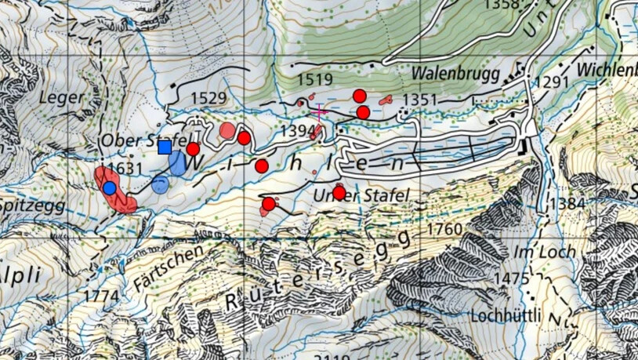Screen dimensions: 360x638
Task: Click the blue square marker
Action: pos(165,147)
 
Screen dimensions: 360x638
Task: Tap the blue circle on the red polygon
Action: pos(110,188)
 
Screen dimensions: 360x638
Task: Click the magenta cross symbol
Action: pos(319,111)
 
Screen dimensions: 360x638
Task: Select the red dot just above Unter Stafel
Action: pos(339,192)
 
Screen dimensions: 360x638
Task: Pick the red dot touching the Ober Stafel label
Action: pos(193,149)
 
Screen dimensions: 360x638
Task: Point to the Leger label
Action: pos(60,97)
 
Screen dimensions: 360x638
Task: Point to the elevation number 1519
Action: pos(316,79)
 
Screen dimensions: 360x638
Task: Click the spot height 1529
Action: pos(208,98)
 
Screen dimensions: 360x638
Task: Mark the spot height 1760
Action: pos(446,230)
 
